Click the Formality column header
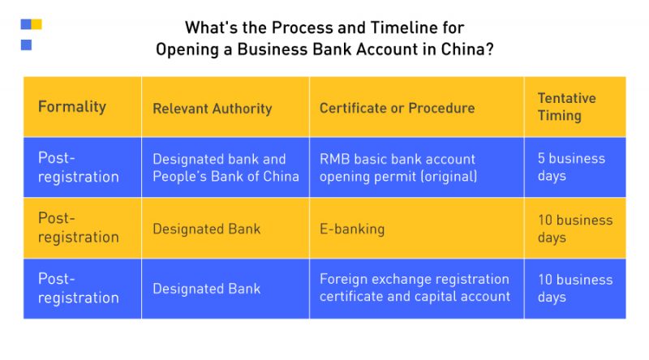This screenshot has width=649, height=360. tap(72, 107)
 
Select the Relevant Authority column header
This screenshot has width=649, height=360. tap(213, 109)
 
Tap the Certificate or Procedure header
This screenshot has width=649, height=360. tap(397, 108)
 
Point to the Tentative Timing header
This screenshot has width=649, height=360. tap(566, 107)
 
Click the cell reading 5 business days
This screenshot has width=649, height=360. tap(571, 167)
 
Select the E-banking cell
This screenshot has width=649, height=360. tap(352, 229)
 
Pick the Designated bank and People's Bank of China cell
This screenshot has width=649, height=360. tap(226, 168)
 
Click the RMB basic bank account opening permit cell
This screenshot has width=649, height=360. tap(398, 168)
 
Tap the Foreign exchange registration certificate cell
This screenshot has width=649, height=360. tap(415, 288)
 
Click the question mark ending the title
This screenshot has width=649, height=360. tap(489, 49)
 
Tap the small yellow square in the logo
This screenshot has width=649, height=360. tap(37, 24)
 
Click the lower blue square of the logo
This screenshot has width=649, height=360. tap(26, 45)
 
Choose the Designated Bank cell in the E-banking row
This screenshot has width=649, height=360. tap(207, 229)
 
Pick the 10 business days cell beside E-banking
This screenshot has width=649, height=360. tap(575, 229)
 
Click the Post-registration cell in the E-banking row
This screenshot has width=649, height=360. tap(78, 228)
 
